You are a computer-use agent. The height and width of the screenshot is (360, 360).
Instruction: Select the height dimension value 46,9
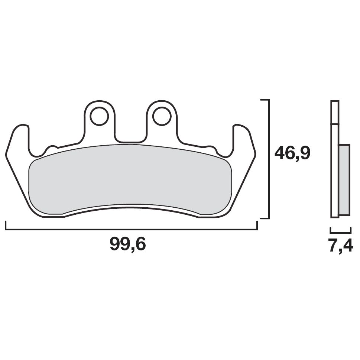[292, 153]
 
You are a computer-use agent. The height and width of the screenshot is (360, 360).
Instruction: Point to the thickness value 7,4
[340, 246]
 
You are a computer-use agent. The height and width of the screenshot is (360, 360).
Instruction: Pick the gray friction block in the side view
[344, 180]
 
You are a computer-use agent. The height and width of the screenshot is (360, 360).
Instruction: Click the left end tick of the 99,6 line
[6, 226]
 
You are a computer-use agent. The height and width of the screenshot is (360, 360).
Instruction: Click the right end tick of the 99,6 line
[257, 226]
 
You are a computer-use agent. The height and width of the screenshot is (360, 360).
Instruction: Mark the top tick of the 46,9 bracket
[264, 100]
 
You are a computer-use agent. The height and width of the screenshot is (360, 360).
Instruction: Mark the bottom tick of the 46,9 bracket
[264, 218]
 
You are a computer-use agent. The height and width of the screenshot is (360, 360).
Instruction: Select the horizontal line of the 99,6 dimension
[130, 230]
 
